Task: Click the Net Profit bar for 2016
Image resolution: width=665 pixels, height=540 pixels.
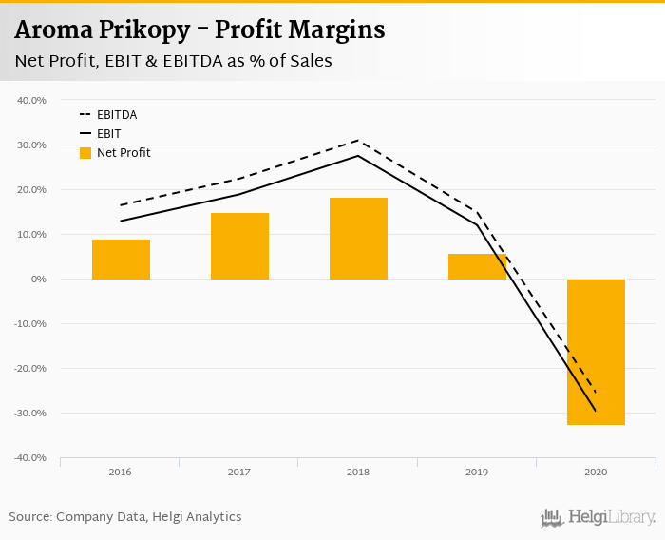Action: tap(121, 260)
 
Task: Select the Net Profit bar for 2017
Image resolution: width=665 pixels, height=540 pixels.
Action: tap(239, 246)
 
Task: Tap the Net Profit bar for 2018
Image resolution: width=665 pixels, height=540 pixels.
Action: tap(358, 239)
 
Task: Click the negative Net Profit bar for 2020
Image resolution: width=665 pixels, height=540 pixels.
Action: tap(596, 352)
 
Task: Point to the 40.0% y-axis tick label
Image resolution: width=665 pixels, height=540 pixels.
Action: tap(31, 100)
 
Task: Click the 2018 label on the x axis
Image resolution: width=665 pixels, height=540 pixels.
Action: tap(358, 472)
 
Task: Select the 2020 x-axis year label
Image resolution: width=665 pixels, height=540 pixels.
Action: tap(596, 472)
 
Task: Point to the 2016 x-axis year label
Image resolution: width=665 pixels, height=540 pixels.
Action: tap(121, 472)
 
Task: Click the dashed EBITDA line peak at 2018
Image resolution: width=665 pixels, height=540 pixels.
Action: tap(358, 140)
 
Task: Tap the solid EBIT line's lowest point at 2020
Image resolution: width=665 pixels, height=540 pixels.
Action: tap(596, 411)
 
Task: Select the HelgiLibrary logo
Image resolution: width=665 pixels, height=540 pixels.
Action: tap(598, 518)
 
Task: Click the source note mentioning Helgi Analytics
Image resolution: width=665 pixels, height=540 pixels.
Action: tap(125, 517)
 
